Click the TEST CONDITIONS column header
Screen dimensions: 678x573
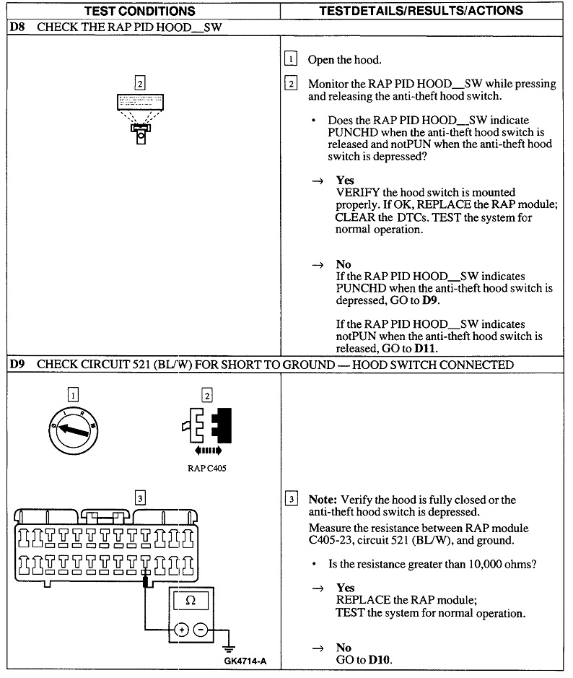pos(140,11)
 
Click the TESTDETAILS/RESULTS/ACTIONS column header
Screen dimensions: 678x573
pos(421,11)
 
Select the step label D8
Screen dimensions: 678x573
pos(18,27)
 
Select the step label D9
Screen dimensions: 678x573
pos(18,365)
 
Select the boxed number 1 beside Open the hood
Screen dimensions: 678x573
pos(291,59)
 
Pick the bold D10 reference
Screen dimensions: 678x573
pos(380,660)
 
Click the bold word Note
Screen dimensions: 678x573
pos(323,500)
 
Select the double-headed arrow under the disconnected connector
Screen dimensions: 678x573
pos(208,451)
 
